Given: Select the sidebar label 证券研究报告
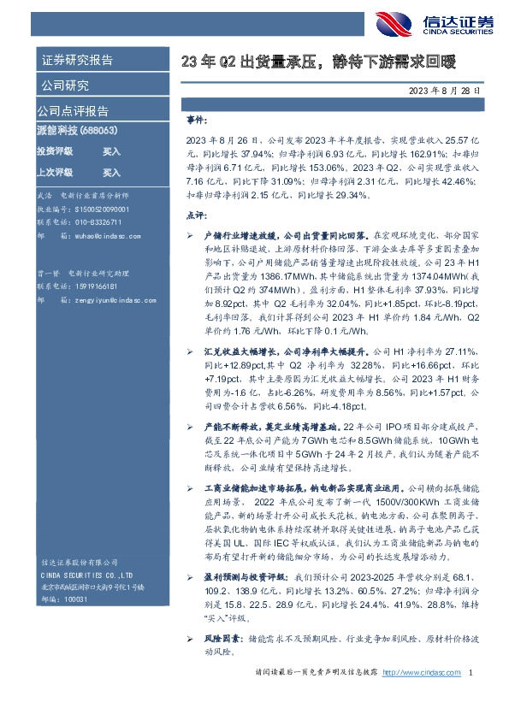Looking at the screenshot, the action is click(78, 61).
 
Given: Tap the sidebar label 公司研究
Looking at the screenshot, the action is click(64, 86).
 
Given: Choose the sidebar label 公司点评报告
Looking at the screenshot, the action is click(73, 111).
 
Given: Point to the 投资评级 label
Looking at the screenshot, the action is click(55, 151).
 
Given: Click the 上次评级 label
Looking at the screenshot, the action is click(55, 172).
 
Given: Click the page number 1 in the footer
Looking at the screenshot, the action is click(472, 700).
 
